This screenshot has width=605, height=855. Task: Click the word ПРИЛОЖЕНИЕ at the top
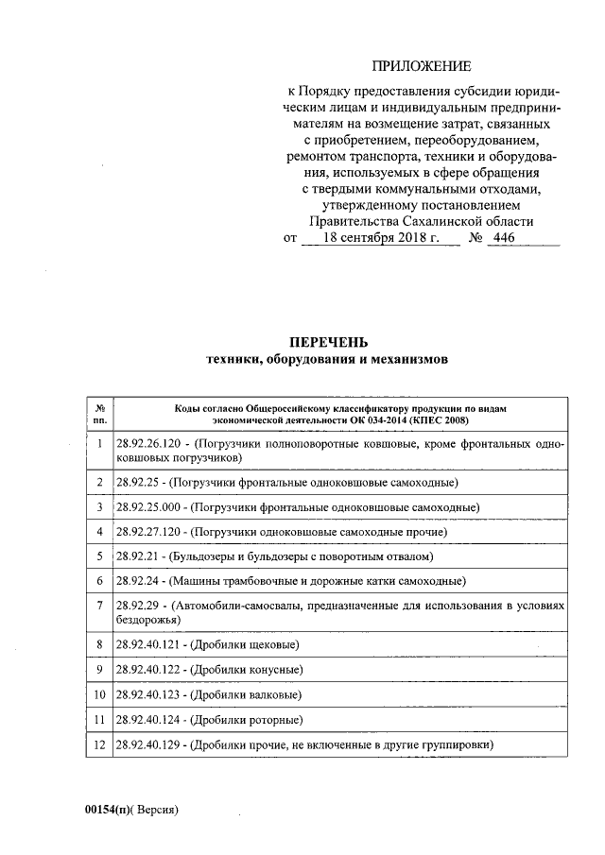pyautogui.click(x=420, y=66)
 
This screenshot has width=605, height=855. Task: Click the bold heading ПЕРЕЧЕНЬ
pyautogui.click(x=328, y=342)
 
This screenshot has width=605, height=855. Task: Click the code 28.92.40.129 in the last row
pyautogui.click(x=149, y=744)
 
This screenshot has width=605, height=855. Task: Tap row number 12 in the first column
pyautogui.click(x=99, y=744)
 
